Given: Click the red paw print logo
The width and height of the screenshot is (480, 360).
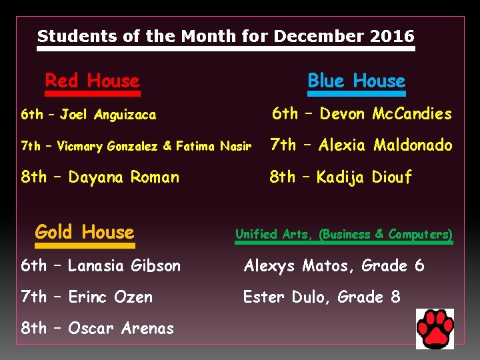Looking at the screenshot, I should (x=435, y=329).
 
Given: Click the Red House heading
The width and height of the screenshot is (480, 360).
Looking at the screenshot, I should (x=92, y=81).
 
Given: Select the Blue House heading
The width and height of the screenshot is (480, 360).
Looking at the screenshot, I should (x=356, y=81).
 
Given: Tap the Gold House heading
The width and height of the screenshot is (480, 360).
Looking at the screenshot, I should (x=85, y=232).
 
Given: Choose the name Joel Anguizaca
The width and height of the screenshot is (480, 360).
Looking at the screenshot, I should (x=108, y=115).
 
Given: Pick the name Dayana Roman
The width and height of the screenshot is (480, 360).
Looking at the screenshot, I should (x=124, y=177).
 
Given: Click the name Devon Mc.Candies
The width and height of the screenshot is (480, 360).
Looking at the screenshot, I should (x=385, y=114).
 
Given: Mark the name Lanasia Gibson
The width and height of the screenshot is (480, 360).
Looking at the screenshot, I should (x=124, y=266).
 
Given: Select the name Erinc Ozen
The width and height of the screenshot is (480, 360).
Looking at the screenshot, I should (x=110, y=297).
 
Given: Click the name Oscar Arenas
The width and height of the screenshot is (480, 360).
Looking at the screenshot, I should (x=121, y=328).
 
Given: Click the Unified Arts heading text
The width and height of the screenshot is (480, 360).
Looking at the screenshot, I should (x=276, y=234).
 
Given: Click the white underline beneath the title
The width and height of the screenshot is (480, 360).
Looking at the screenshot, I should (x=226, y=49).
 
